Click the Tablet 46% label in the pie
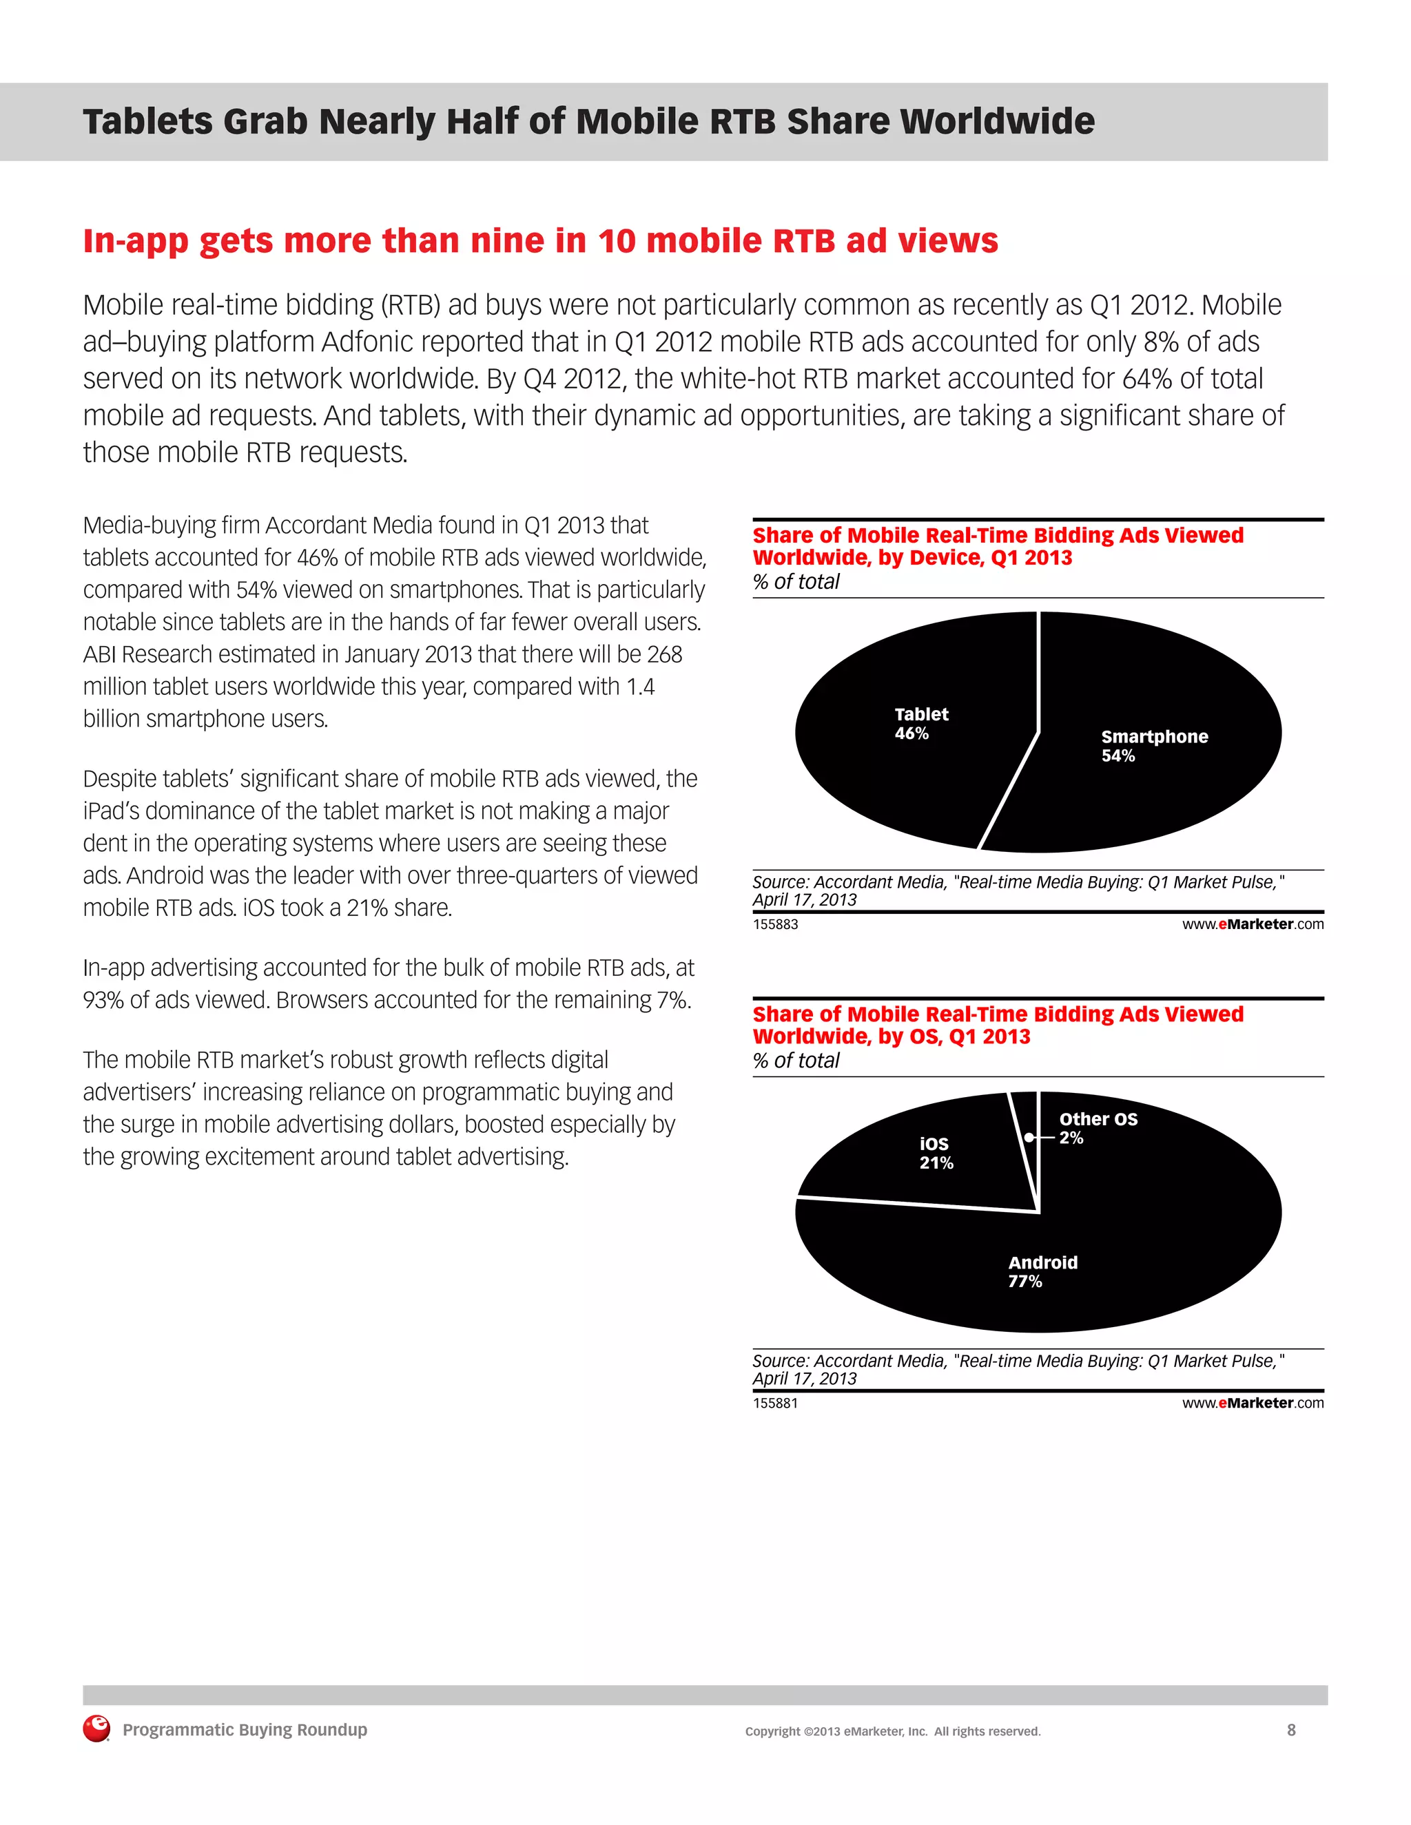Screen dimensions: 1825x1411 click(920, 724)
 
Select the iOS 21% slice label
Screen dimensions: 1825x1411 click(936, 1153)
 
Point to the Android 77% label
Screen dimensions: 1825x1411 click(1042, 1272)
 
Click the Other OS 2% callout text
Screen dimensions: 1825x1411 click(1098, 1128)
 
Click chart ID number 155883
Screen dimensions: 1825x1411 click(775, 924)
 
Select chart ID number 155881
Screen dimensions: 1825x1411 click(775, 1403)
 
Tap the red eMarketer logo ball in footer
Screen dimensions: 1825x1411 click(96, 1729)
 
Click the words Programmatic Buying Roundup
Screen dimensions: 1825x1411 click(245, 1730)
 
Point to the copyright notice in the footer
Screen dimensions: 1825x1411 click(893, 1731)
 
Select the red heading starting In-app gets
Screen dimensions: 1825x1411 click(540, 240)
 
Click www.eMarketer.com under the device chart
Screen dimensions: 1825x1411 click(1252, 924)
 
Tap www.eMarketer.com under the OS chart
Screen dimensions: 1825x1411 click(1252, 1403)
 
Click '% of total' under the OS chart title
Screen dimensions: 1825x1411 click(796, 1061)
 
